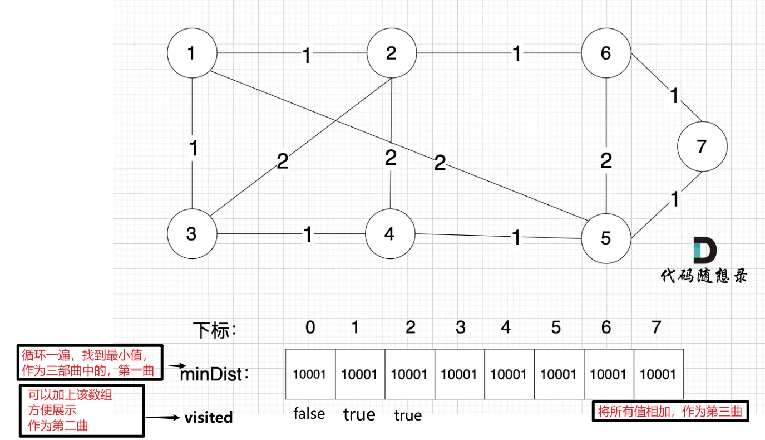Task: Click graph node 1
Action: pos(191,53)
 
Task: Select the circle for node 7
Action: pos(702,146)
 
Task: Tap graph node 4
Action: pos(389,234)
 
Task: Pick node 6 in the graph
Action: pos(606,53)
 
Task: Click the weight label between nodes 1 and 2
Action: pos(307,55)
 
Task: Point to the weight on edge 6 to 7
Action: pos(674,96)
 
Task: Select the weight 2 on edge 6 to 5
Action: pos(606,161)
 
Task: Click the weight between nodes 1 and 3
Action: pos(193,149)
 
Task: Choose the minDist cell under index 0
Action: pos(310,374)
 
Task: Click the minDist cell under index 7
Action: pos(658,374)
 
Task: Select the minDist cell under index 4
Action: pos(509,374)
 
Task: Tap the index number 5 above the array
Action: pos(556,328)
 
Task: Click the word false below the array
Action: pos(309,414)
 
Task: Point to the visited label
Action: pos(209,418)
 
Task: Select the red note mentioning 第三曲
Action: pos(670,412)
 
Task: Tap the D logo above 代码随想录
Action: pos(704,251)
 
